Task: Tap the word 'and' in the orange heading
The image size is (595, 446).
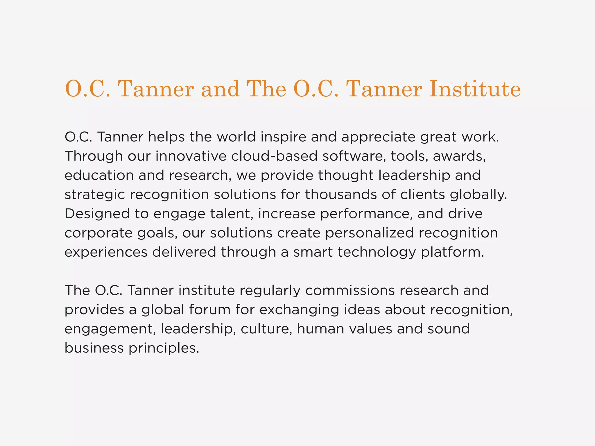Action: point(220,89)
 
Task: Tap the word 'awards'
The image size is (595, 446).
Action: point(459,156)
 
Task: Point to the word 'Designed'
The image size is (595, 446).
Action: point(97,214)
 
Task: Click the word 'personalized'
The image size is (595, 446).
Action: point(369,233)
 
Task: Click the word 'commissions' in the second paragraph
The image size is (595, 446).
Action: point(350,291)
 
